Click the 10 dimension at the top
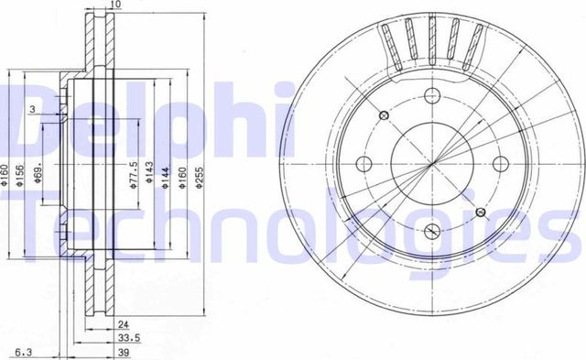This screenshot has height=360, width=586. (114, 5)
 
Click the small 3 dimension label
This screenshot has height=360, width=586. (32, 110)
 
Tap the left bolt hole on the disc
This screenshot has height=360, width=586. (362, 164)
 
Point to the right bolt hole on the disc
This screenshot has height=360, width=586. (500, 164)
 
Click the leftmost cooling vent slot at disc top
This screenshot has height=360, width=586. (387, 40)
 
